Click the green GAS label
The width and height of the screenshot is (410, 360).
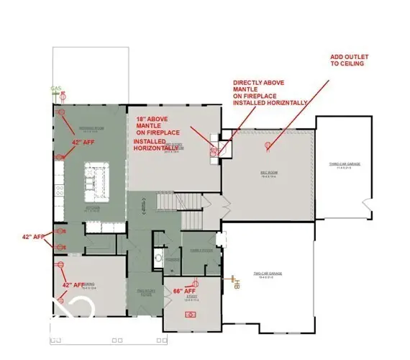point(55,89)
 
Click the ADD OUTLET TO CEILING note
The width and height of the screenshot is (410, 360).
point(349,59)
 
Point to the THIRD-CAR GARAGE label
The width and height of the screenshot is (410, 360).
point(344,165)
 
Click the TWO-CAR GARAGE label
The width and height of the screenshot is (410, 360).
point(267,274)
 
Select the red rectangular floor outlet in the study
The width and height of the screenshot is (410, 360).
point(191,314)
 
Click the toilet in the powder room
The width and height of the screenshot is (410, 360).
point(158,257)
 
